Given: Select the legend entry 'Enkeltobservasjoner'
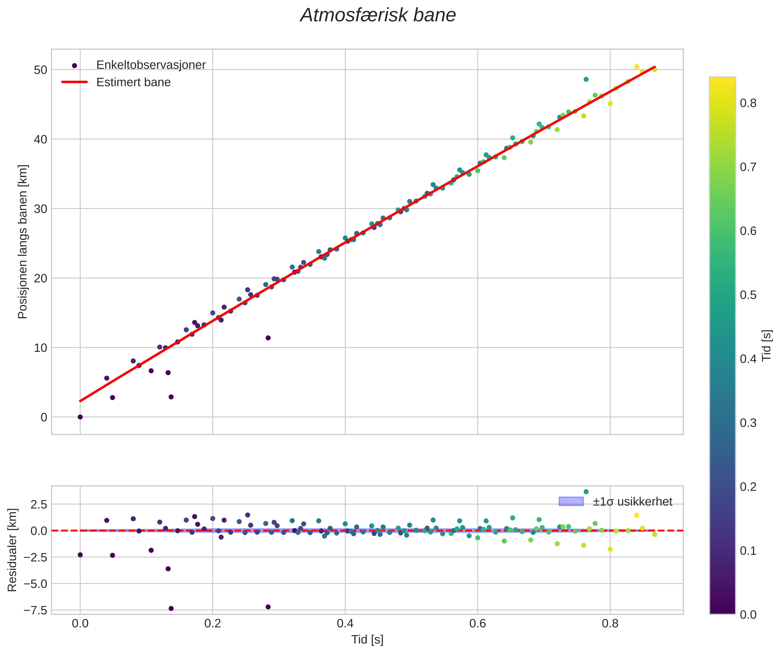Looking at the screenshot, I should point(150,65).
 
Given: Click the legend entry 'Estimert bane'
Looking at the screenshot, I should point(133,82).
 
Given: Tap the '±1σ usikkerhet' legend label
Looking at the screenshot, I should point(632,502).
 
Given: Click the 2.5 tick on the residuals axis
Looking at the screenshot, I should point(39,505).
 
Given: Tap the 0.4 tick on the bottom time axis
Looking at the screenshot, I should point(345,623).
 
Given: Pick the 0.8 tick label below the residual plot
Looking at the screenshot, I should point(610,623).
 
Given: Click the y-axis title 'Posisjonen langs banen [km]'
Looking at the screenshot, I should point(23,242).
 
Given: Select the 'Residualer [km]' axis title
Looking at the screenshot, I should point(12,550).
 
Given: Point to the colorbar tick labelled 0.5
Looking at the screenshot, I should point(748,295).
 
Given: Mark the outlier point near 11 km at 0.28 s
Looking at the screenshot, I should point(268,338).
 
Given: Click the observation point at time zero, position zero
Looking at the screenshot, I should point(80,417).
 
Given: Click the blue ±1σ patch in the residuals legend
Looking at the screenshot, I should point(571,501).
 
